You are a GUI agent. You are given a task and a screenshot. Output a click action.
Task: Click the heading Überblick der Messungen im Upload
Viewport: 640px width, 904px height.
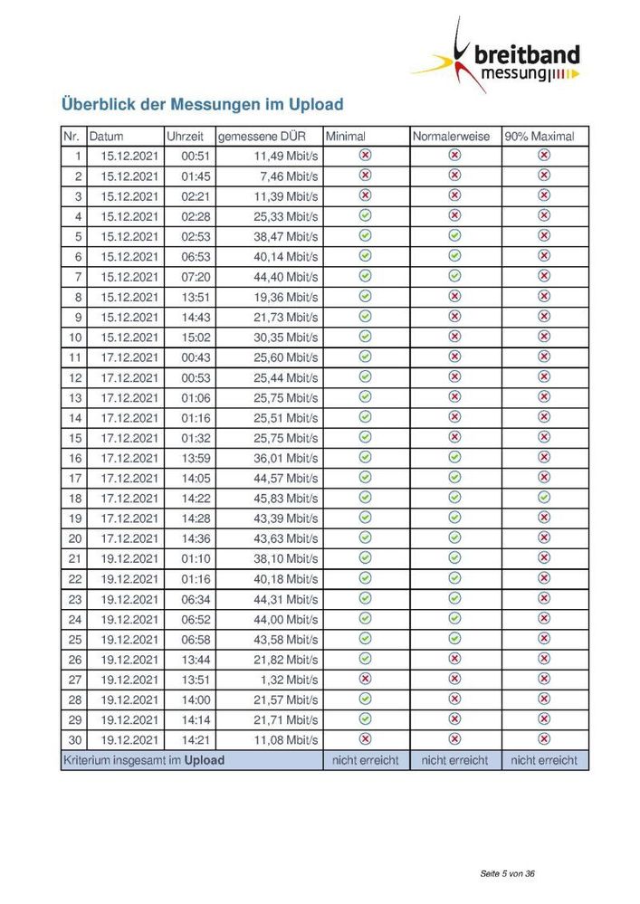[x=202, y=104]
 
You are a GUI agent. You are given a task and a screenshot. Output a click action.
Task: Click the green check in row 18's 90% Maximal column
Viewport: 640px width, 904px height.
[x=544, y=498]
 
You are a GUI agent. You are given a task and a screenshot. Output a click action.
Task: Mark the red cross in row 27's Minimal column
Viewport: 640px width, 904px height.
[x=366, y=679]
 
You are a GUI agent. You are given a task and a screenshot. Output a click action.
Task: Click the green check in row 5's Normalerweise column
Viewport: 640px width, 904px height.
[x=454, y=235]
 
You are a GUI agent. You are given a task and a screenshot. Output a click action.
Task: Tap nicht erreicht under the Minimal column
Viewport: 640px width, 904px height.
[x=365, y=760]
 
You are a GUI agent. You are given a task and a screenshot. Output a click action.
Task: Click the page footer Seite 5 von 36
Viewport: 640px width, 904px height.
[x=508, y=874]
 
